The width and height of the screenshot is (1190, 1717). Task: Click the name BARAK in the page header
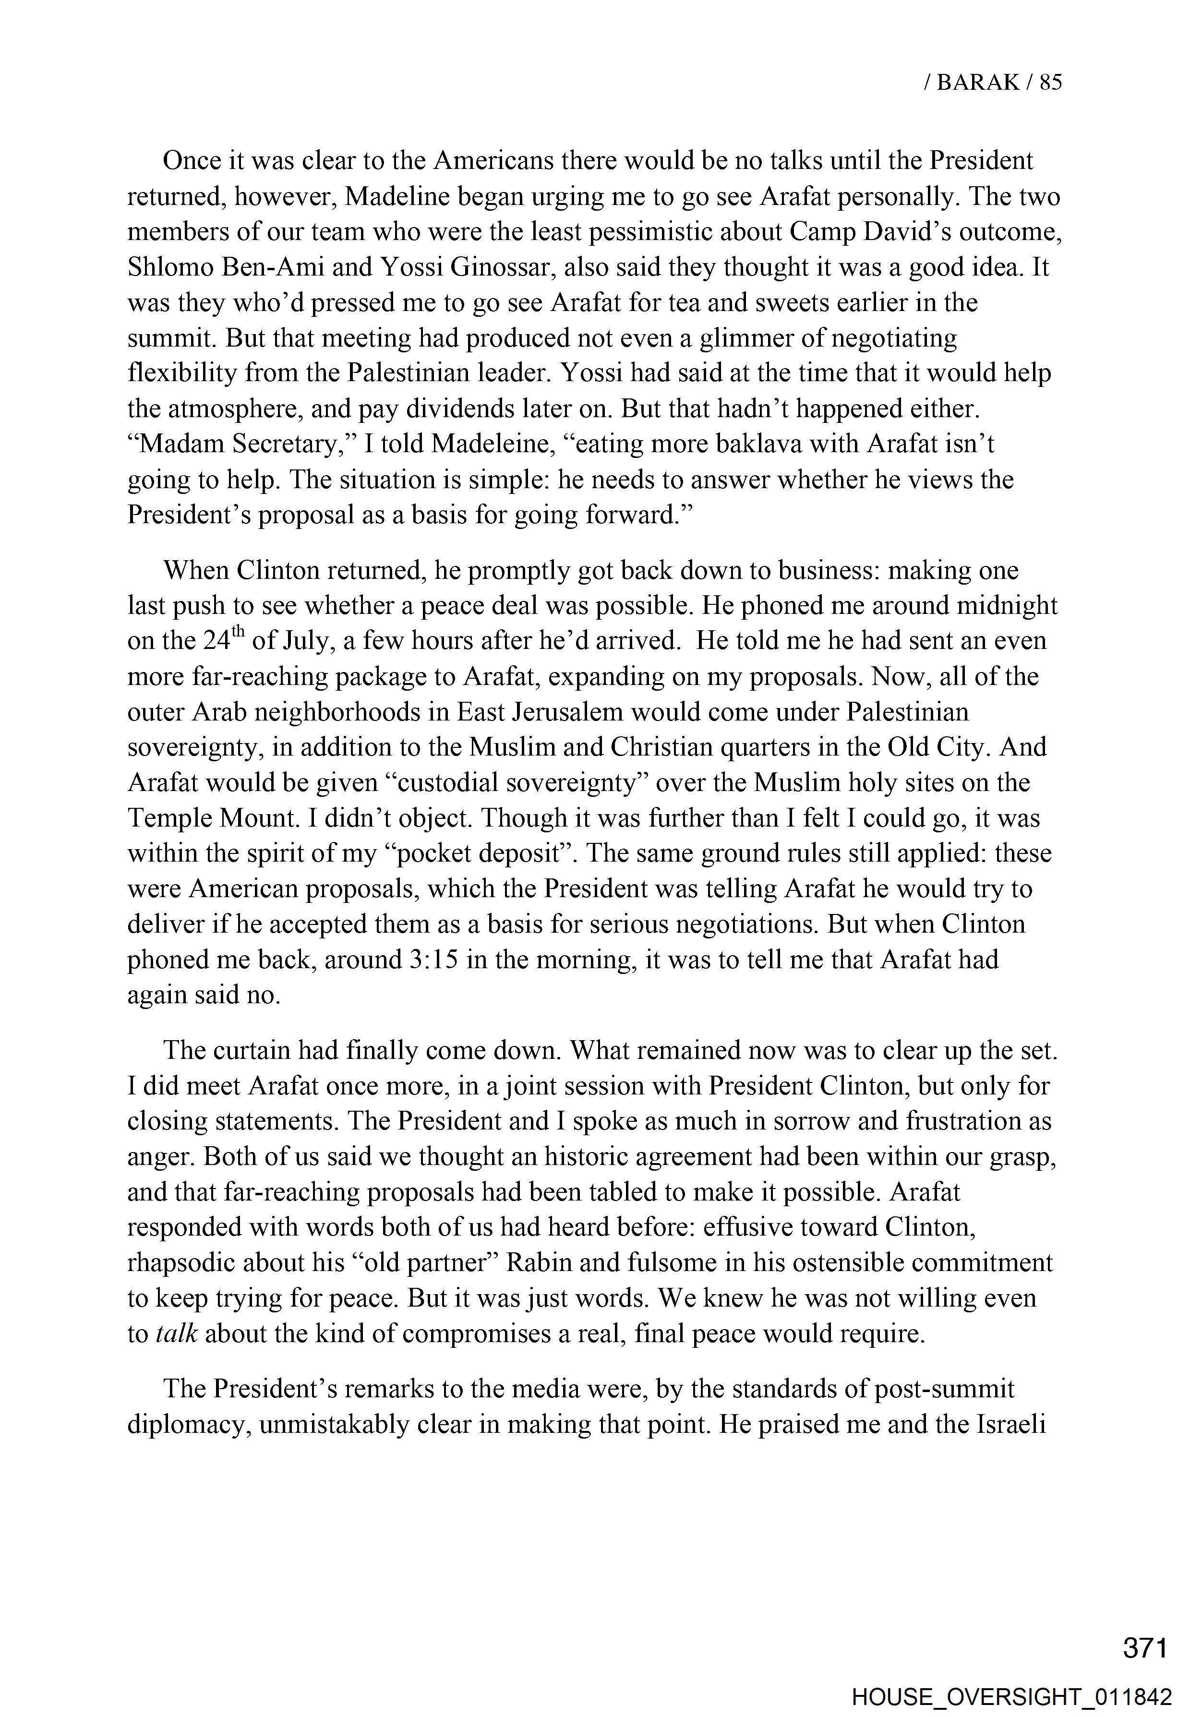point(977,82)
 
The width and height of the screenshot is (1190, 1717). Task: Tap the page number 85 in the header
point(1050,82)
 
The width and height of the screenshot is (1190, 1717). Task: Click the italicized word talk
point(177,1334)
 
